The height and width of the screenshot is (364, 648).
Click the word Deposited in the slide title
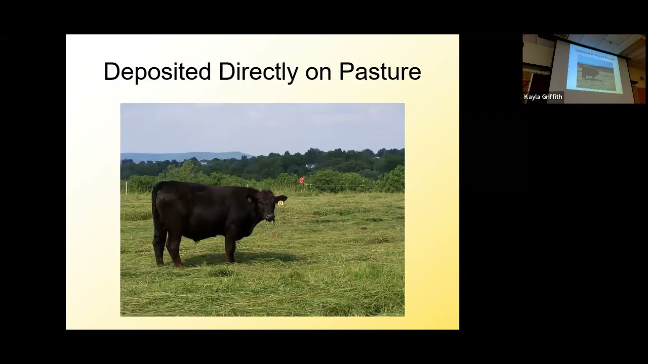(x=157, y=72)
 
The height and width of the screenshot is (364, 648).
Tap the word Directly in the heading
(x=258, y=72)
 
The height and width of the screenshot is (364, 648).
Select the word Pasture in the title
(x=380, y=72)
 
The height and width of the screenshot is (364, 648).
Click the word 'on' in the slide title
(x=318, y=72)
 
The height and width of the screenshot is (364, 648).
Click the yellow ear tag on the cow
(x=280, y=203)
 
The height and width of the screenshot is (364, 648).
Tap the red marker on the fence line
(x=302, y=180)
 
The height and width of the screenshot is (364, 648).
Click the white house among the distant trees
(x=310, y=166)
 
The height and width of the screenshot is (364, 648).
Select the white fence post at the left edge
(x=126, y=187)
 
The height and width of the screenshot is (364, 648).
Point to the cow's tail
(x=153, y=212)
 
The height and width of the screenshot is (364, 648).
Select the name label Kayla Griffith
(x=543, y=97)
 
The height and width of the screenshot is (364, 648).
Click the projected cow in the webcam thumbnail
(x=590, y=73)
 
